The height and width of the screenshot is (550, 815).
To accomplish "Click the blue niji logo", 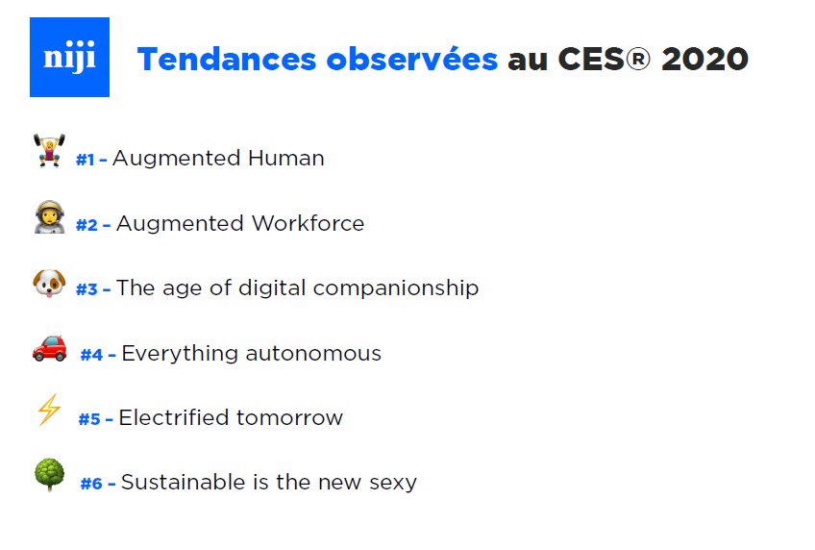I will tap(69, 58).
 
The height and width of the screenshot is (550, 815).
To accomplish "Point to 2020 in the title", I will tap(704, 60).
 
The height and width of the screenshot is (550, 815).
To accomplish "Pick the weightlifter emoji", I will tap(49, 151).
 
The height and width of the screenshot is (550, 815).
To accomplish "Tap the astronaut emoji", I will tap(49, 218).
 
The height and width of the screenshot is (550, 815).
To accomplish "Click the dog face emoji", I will tap(48, 283).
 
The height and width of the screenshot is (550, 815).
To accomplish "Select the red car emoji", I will tap(49, 347).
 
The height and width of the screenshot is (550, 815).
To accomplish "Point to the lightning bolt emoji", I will tap(48, 412).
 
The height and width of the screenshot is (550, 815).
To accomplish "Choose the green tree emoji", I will tap(48, 475).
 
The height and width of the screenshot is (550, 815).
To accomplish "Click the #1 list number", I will tap(86, 160).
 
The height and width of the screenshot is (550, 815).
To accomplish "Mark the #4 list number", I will tap(91, 355).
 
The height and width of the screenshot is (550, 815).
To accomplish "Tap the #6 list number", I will tap(91, 484).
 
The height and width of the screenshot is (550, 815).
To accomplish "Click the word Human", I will tap(285, 158).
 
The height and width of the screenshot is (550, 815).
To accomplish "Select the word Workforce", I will tap(308, 224).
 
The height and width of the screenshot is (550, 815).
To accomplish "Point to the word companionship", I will tap(396, 287).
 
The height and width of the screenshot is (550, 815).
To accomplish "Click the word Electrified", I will tap(174, 417).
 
